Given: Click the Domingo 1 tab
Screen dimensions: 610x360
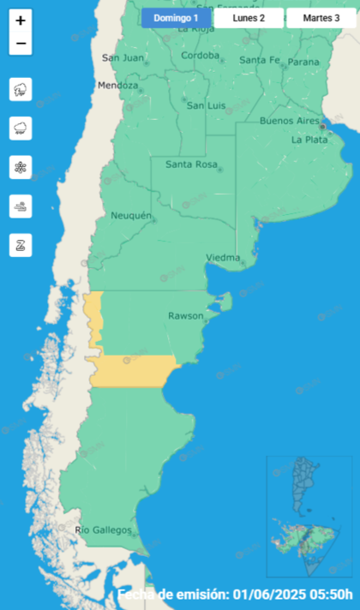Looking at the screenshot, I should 176,18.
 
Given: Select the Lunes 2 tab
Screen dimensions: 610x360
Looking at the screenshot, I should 249,18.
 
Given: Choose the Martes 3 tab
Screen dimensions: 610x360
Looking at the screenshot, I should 321,18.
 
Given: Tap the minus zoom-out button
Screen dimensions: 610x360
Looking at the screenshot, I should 21,44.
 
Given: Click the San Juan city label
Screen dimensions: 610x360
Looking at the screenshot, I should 123,58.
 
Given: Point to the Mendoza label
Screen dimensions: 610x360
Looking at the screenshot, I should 118,86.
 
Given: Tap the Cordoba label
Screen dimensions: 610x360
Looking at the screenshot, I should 201,57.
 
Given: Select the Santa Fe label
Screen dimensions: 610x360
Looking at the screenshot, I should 259,60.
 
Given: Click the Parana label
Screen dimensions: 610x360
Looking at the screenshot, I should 303,62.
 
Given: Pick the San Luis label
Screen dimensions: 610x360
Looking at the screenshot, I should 206,105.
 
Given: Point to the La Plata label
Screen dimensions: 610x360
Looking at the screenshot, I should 309,140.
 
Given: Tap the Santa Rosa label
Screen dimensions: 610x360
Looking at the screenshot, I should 190,164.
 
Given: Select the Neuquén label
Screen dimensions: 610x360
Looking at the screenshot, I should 131,216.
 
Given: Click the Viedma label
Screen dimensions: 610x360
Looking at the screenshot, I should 223,257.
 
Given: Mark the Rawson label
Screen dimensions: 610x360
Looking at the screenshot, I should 185,316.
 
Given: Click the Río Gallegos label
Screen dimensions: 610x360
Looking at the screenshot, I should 104,530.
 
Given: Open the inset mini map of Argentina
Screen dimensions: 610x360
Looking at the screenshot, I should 309,517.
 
